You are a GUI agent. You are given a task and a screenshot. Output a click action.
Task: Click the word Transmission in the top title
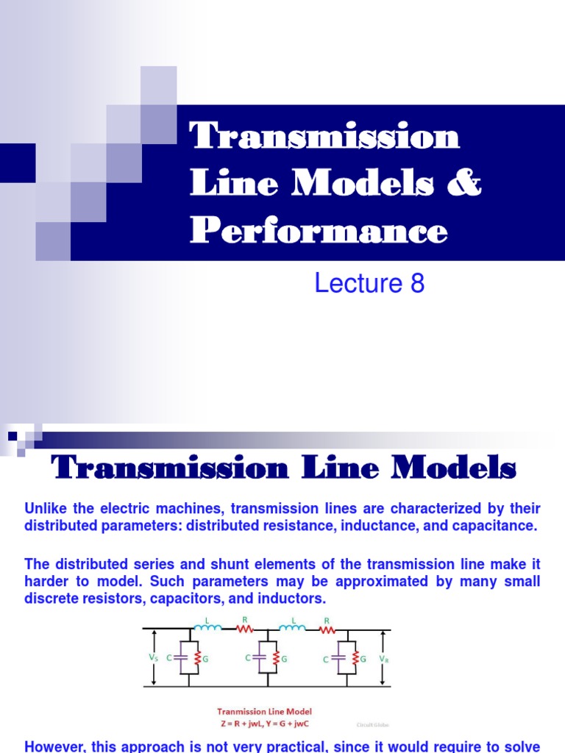324,137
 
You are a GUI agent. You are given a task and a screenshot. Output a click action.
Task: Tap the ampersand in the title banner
466,184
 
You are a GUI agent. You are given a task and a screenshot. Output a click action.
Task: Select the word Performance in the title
319,231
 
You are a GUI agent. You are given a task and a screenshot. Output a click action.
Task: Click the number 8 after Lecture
417,283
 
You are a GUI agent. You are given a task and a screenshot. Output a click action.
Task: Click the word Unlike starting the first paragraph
46,509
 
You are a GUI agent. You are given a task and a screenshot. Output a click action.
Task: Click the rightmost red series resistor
326,629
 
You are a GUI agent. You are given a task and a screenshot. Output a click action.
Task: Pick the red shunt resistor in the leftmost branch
197,659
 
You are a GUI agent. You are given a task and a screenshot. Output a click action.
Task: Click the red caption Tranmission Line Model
265,712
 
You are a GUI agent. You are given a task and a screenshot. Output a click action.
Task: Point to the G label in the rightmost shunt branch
364,659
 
